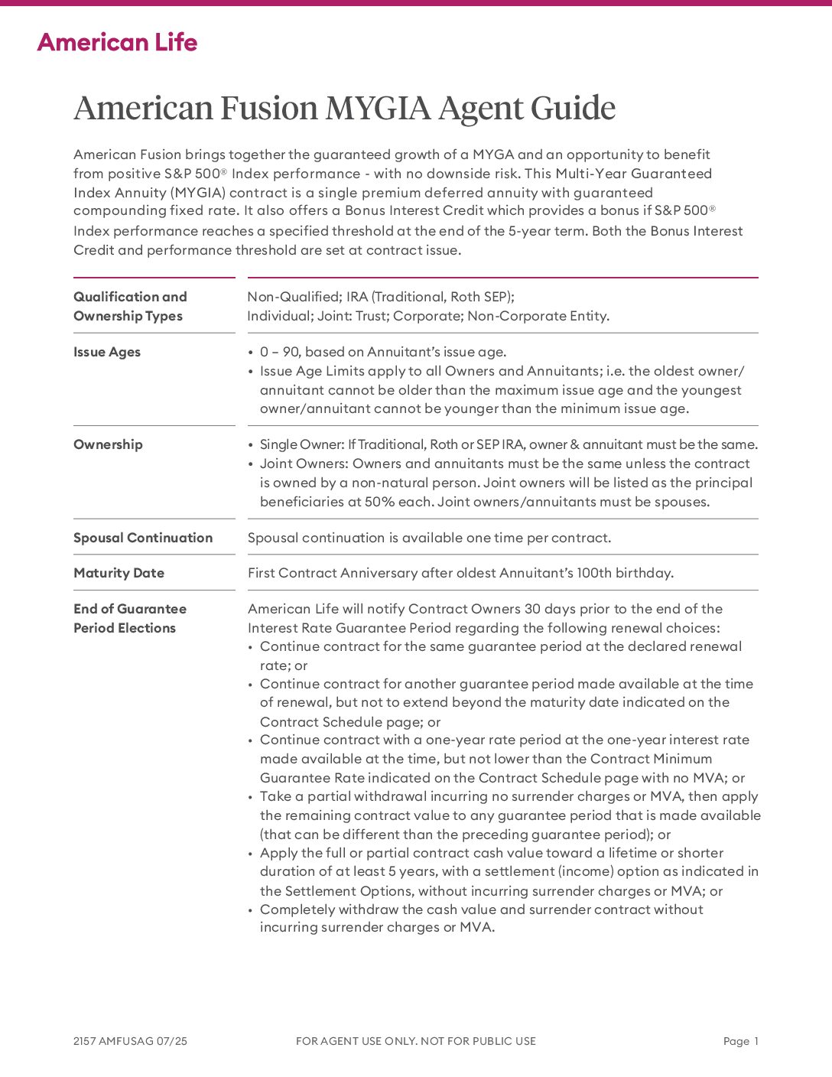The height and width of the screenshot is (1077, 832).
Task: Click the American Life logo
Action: pyautogui.click(x=117, y=42)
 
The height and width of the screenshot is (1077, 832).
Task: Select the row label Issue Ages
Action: pyautogui.click(x=107, y=352)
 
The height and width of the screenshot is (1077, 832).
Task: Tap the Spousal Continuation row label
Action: pyautogui.click(x=143, y=538)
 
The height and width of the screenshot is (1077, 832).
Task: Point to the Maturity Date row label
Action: pyautogui.click(x=119, y=573)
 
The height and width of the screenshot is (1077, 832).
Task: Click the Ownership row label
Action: pyautogui.click(x=108, y=444)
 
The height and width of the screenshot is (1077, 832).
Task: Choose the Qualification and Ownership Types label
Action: pyautogui.click(x=130, y=306)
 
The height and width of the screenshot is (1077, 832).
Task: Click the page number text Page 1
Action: pyautogui.click(x=740, y=1041)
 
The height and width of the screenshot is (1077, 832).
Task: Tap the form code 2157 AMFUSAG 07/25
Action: pyautogui.click(x=130, y=1041)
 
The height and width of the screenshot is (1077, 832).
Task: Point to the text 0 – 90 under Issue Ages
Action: pyautogui.click(x=279, y=352)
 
